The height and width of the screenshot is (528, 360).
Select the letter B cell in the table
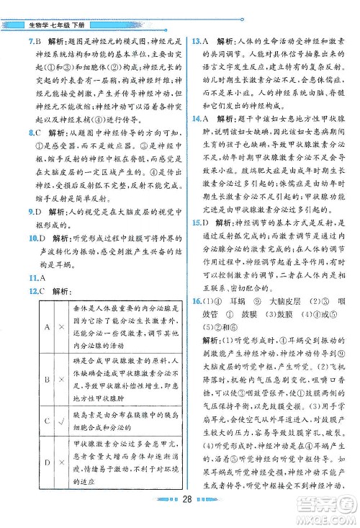(46, 377)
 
